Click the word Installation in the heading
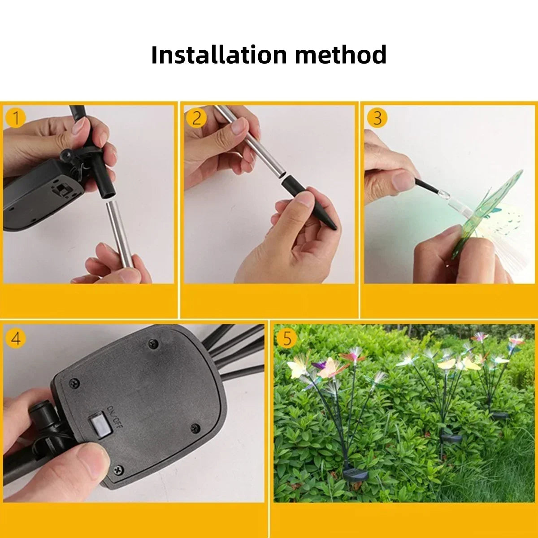[219, 55]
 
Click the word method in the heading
[341, 55]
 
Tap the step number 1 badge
[16, 117]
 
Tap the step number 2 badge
[196, 117]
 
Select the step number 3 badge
[377, 117]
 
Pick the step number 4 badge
[16, 338]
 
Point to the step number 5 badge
[287, 338]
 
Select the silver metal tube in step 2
[248, 141]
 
